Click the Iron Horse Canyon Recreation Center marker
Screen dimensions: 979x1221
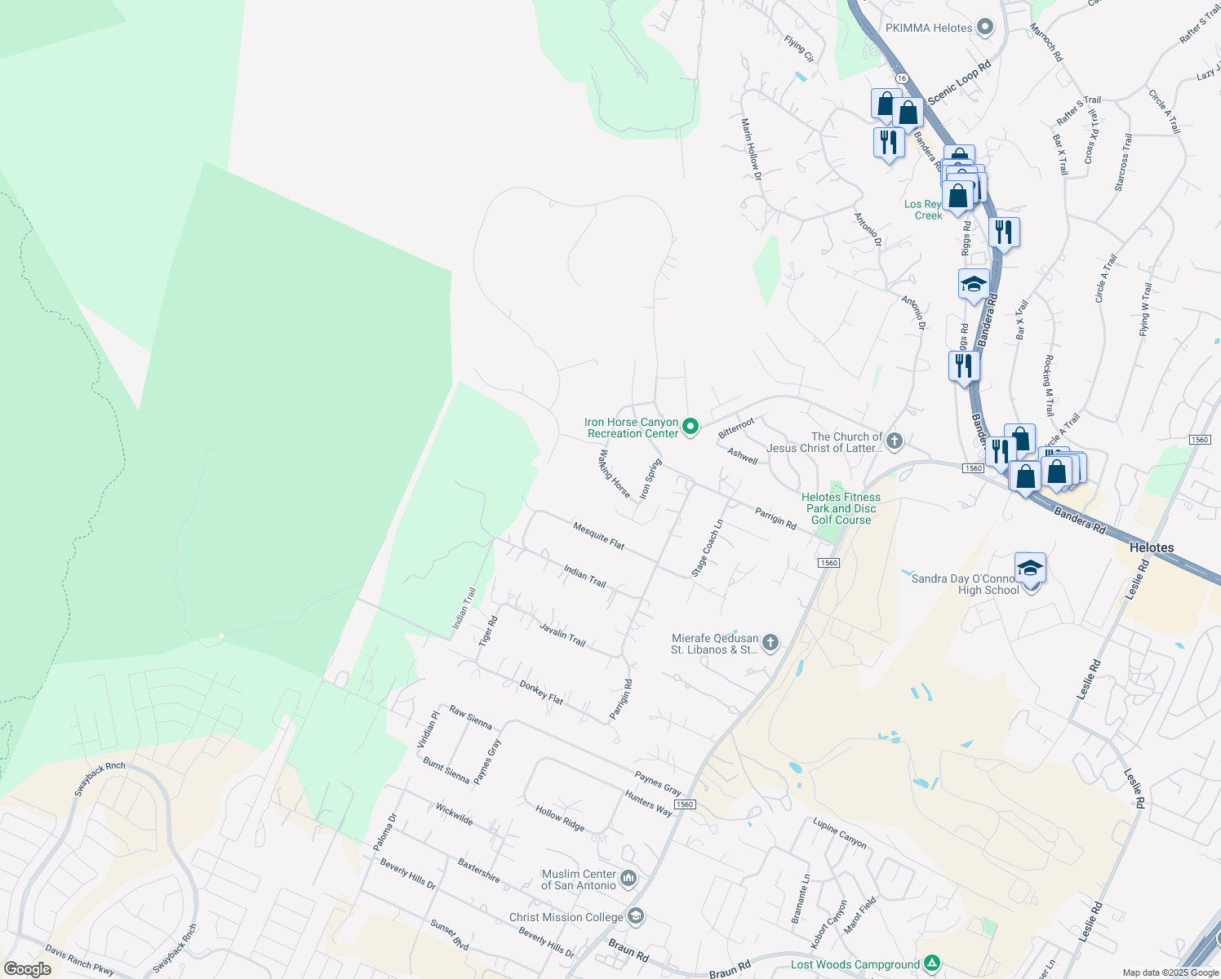pyautogui.click(x=690, y=427)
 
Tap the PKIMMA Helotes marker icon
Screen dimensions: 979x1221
pyautogui.click(x=985, y=28)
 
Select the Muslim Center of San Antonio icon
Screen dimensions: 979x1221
pyautogui.click(x=628, y=879)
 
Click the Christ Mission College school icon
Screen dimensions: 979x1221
pyautogui.click(x=636, y=916)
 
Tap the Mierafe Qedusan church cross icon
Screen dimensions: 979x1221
pyautogui.click(x=770, y=644)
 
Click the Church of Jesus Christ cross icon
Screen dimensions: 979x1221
pyautogui.click(x=895, y=441)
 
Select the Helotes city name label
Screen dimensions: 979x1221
pyautogui.click(x=1151, y=547)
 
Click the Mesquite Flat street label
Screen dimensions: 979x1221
pyautogui.click(x=598, y=535)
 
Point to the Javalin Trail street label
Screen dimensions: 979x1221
pyautogui.click(x=562, y=634)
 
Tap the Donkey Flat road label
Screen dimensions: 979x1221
pyautogui.click(x=541, y=693)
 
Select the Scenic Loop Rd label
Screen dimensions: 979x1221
pyautogui.click(x=959, y=82)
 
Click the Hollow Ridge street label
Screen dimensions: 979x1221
pyautogui.click(x=560, y=818)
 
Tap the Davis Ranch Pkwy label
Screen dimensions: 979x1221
pyautogui.click(x=80, y=960)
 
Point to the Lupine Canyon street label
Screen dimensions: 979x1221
pyautogui.click(x=839, y=833)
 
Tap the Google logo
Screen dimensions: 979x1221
pyautogui.click(x=28, y=968)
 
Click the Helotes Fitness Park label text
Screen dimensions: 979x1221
pyautogui.click(x=841, y=508)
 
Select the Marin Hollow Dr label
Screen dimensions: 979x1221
pyautogui.click(x=751, y=148)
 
